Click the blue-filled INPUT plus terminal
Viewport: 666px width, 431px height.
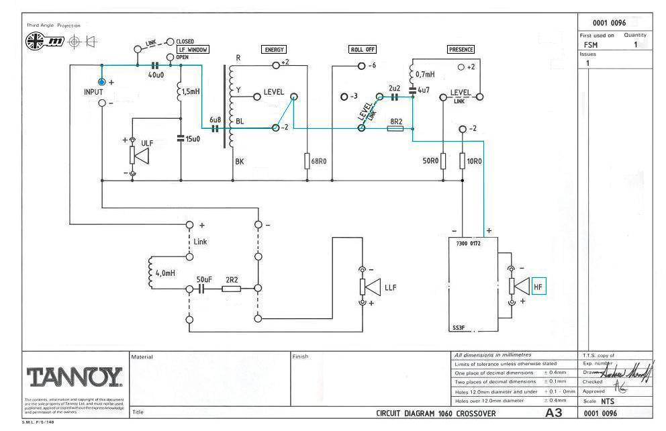pos(102,81)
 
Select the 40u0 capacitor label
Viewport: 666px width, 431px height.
pos(156,75)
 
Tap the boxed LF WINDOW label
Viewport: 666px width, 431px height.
pos(193,50)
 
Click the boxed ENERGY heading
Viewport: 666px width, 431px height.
pos(274,50)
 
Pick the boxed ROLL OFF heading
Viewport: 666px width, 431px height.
pos(363,50)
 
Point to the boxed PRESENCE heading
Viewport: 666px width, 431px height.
pos(461,50)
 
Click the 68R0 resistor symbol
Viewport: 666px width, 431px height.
pos(307,161)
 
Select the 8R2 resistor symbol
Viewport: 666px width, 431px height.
pos(395,128)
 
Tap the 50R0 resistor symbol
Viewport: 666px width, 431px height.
pos(443,161)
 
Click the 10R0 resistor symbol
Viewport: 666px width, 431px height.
pos(463,161)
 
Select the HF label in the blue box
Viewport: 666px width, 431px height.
pos(538,287)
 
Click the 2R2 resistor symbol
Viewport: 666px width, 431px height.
pos(231,289)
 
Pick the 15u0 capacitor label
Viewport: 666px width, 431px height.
pos(193,138)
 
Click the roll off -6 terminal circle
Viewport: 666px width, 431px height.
pos(361,66)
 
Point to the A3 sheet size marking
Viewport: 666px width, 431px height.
pos(554,412)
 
